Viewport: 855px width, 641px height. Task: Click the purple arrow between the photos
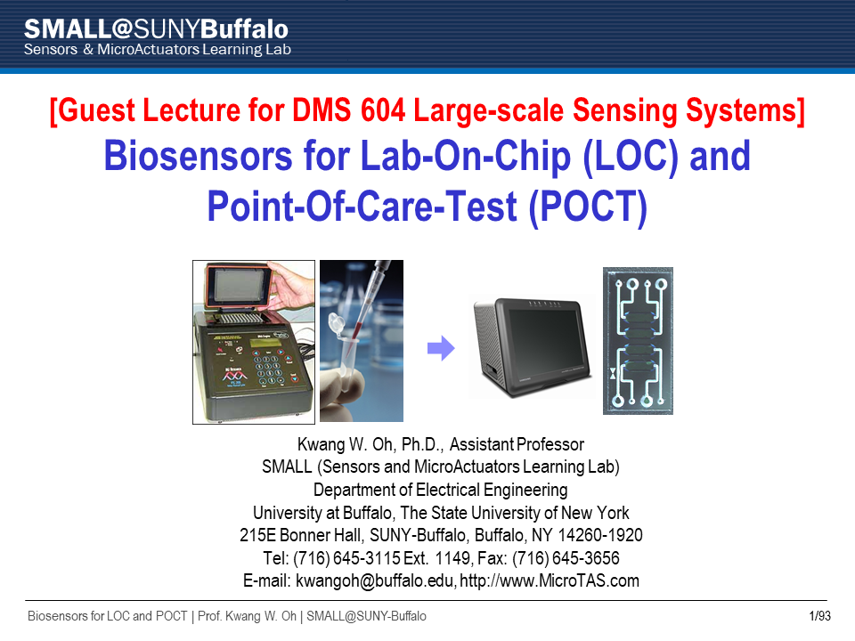441,348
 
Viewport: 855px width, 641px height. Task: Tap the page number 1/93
819,616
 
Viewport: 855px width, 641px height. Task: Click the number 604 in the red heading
383,110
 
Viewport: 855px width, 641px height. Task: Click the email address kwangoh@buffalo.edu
375,581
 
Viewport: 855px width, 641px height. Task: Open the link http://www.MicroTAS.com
550,580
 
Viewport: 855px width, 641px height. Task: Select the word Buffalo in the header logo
245,28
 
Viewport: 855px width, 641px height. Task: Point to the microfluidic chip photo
638,341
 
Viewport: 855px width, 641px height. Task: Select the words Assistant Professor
517,444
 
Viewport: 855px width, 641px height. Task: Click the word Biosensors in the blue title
198,156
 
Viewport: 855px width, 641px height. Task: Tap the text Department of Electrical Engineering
441,490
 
